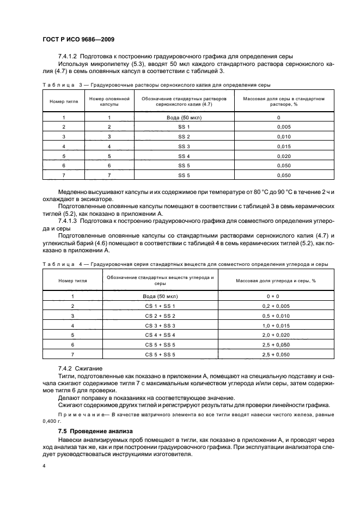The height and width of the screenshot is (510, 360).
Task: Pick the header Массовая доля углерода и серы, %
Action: tap(276, 281)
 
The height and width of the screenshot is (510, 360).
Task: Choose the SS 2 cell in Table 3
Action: tap(184, 136)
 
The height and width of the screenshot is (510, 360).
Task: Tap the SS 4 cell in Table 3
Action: tap(184, 156)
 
